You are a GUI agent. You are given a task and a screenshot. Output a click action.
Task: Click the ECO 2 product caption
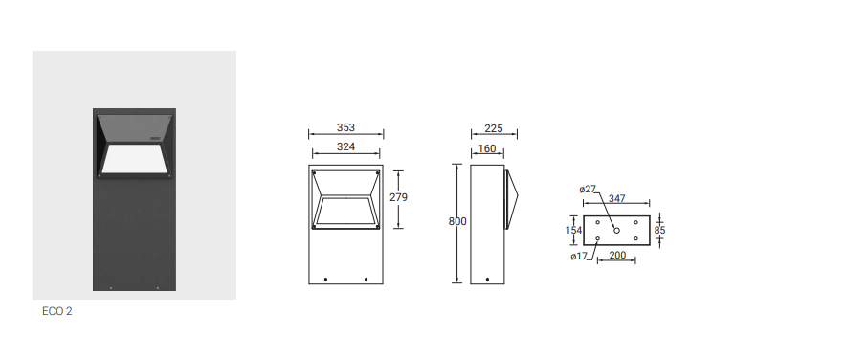[x=57, y=311]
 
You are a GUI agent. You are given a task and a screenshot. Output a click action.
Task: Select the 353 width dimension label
[x=346, y=127]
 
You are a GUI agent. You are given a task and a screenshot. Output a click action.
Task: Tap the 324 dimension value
[x=346, y=146]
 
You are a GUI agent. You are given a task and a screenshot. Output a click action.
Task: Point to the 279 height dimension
[x=398, y=197]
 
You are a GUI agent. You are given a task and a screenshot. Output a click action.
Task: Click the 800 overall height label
[x=457, y=221]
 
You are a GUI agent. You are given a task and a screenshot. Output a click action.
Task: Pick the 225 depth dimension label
[x=494, y=128]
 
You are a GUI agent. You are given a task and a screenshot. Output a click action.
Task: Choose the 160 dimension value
[x=487, y=148]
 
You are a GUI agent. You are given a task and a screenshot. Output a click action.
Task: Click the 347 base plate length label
[x=617, y=199]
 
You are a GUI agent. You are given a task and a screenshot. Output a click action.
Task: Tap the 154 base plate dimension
[x=574, y=230]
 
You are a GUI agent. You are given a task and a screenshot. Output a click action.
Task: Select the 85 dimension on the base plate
[x=660, y=230]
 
